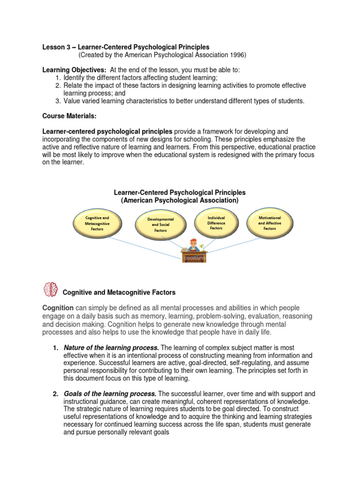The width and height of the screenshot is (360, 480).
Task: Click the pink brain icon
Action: click(50, 290)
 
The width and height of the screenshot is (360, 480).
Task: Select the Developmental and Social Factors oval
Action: click(160, 225)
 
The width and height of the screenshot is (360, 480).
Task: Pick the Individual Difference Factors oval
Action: click(216, 223)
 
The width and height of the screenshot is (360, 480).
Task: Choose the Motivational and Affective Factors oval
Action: click(270, 223)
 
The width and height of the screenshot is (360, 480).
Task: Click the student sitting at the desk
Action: click(194, 247)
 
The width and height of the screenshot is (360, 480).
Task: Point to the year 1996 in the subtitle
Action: click(238, 55)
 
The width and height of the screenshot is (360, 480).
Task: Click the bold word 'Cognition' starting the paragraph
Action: click(58, 308)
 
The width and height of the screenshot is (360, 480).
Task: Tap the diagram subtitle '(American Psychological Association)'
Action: click(180, 200)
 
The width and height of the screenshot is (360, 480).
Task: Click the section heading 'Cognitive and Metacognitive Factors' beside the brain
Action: click(119, 292)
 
